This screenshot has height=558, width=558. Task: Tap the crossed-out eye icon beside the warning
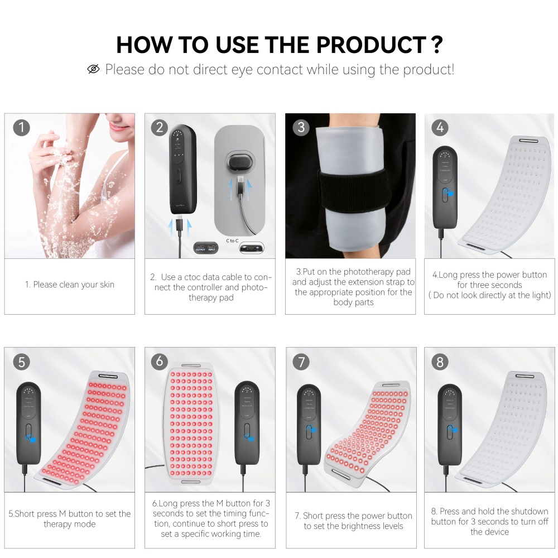click(94, 69)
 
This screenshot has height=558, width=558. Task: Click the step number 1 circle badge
click(21, 128)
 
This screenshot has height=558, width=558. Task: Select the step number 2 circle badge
click(160, 128)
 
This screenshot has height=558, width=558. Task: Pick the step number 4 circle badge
click(440, 128)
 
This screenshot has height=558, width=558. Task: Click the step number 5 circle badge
click(21, 362)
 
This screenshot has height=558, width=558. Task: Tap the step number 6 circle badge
click(160, 362)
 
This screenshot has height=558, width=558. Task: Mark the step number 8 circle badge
click(440, 362)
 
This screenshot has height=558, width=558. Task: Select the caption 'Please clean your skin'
click(70, 285)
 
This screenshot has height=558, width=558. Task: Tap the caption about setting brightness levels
click(354, 521)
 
